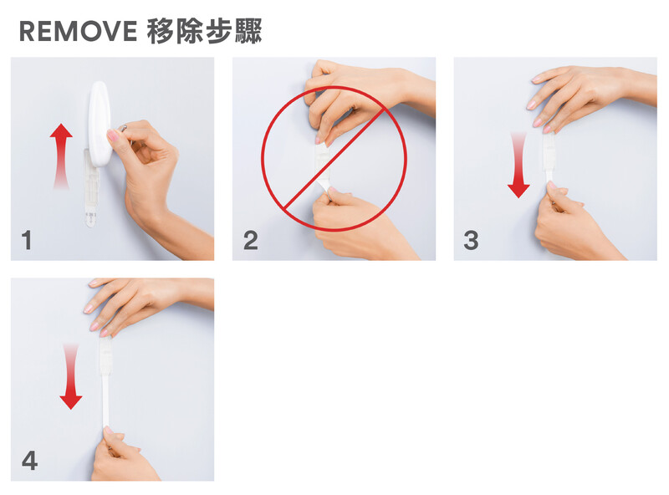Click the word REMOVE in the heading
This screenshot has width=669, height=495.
[x=78, y=31]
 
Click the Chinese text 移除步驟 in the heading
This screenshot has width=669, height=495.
[x=204, y=31]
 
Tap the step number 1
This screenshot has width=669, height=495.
[x=27, y=240]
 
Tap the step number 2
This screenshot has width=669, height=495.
[x=251, y=240]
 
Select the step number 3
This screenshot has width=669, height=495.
[x=471, y=240]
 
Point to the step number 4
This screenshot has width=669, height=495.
[x=29, y=461]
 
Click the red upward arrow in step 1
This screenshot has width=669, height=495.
[x=61, y=156]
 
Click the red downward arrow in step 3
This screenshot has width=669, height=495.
[x=518, y=166]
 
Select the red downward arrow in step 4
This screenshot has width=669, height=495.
[x=71, y=376]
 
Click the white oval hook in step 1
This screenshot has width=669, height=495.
[x=100, y=124]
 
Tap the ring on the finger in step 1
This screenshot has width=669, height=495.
[x=123, y=128]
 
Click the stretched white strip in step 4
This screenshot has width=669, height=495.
[x=105, y=401]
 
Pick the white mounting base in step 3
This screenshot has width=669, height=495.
[x=549, y=151]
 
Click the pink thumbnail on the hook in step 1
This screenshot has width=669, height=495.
[x=113, y=135]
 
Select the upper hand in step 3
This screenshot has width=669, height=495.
[x=591, y=96]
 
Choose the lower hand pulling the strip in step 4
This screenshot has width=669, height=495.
[x=124, y=455]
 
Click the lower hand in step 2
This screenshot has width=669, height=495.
[x=359, y=224]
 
